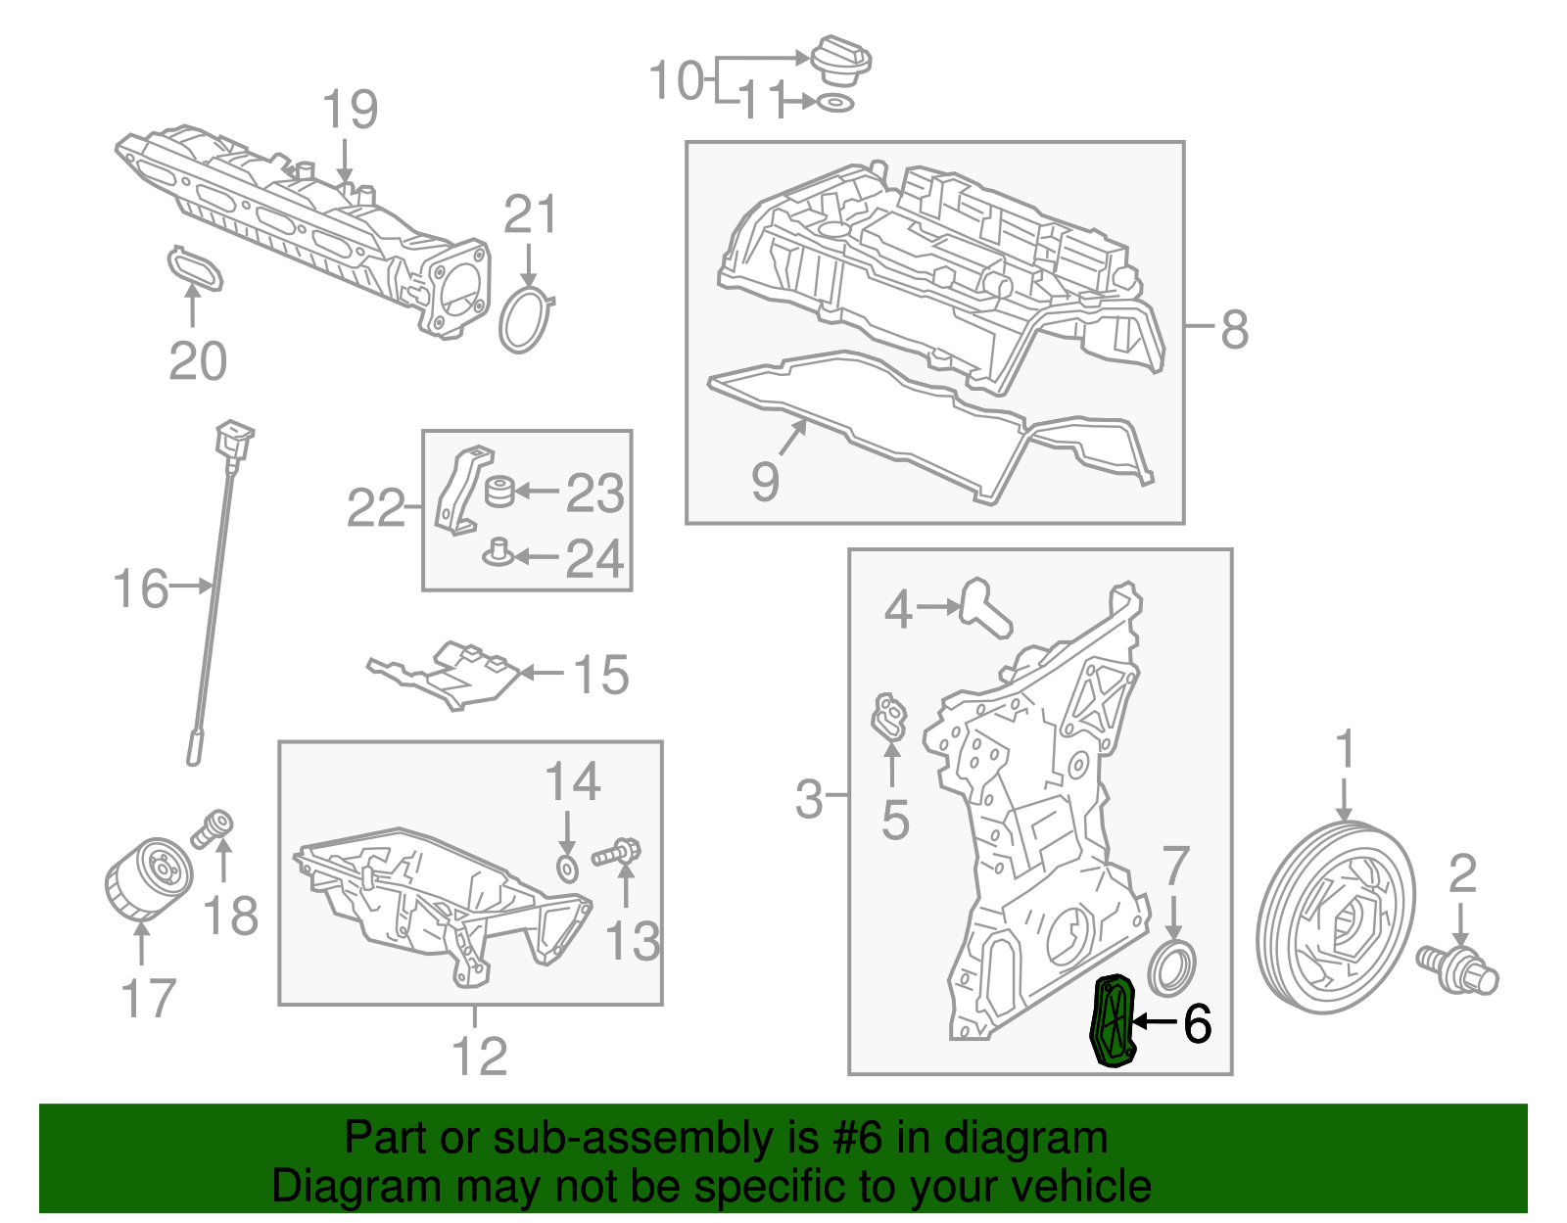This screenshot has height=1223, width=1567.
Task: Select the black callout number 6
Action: tap(1197, 1023)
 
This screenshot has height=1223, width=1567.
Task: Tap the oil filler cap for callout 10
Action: tap(841, 61)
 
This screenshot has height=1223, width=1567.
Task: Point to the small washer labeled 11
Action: tap(834, 103)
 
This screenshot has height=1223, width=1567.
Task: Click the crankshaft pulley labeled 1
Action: tap(1336, 920)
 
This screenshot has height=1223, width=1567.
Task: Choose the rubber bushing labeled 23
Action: tap(500, 491)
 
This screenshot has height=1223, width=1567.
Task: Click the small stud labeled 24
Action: tap(498, 554)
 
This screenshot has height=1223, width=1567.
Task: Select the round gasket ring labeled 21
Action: tap(526, 320)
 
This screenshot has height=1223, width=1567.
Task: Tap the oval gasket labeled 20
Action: tap(195, 268)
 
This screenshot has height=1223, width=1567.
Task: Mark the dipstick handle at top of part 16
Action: tap(233, 438)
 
